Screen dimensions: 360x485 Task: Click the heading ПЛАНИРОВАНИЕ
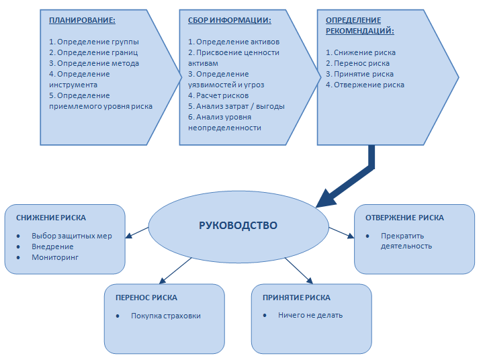tap(79, 20)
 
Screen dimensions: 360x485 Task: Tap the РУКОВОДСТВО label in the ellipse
tap(238, 225)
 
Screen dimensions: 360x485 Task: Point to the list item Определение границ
tap(93, 52)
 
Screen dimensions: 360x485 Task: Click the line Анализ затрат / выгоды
tap(236, 106)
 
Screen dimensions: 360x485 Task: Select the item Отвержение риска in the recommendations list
tap(365, 85)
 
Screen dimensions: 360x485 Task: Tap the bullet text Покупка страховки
tap(165, 316)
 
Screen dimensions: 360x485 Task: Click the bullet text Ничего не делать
tap(310, 315)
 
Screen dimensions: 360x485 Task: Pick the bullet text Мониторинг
tap(54, 257)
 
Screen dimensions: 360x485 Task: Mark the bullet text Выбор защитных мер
tap(71, 236)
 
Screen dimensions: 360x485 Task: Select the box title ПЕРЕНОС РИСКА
tap(146, 298)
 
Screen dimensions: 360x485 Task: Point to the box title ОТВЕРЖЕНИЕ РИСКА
tap(404, 218)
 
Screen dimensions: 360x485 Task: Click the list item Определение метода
tap(94, 63)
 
